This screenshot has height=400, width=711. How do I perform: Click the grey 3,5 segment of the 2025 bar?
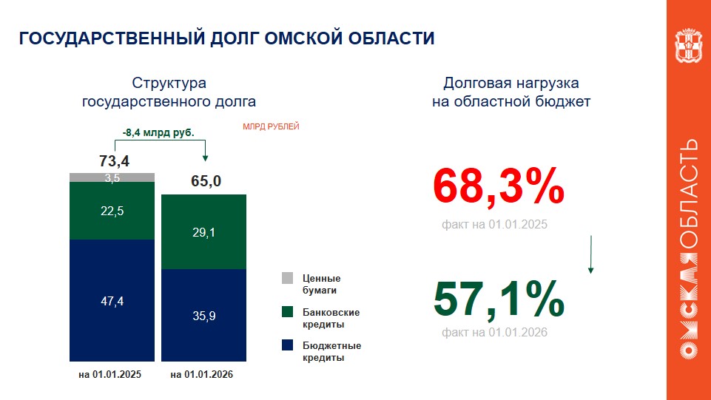tap(112, 177)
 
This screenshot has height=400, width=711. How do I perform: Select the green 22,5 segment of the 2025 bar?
tap(112, 211)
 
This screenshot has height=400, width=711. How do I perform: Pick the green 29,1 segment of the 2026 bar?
tap(203, 232)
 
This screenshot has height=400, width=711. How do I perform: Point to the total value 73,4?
tap(113, 160)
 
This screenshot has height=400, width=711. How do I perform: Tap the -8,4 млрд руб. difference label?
tap(158, 133)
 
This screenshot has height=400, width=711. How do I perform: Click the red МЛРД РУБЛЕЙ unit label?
tap(271, 127)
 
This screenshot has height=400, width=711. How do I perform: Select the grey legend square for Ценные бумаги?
tap(288, 278)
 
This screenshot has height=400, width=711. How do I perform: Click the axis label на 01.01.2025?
tap(109, 375)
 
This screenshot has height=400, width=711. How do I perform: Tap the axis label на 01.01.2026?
tap(202, 375)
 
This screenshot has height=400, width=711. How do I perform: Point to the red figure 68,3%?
tap(499, 187)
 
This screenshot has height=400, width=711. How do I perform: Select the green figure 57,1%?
tap(499, 299)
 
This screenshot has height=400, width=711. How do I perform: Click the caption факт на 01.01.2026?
tap(494, 333)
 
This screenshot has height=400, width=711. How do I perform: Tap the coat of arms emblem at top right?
tap(688, 47)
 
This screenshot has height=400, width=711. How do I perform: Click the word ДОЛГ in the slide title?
tap(220, 38)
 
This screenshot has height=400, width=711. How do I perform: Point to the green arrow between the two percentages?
tap(590, 255)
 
